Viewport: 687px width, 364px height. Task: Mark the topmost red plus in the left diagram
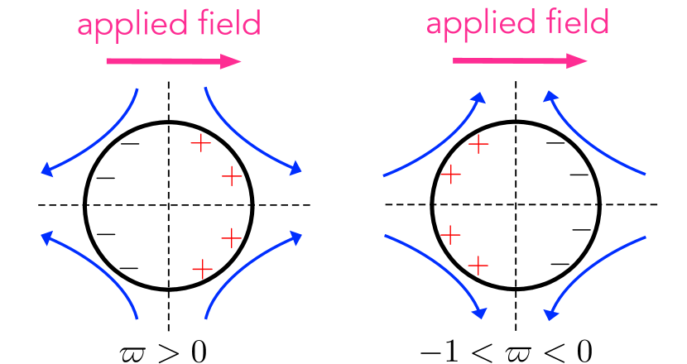[200, 143]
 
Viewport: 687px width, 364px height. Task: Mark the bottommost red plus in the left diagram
[202, 269]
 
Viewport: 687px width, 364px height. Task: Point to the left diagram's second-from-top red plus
[232, 175]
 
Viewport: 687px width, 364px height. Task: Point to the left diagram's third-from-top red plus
[231, 238]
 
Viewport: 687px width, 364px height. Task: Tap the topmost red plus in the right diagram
[478, 144]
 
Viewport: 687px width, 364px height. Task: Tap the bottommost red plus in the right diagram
[478, 266]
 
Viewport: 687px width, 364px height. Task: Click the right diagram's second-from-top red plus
[450, 174]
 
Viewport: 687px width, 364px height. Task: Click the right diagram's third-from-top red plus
[450, 235]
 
